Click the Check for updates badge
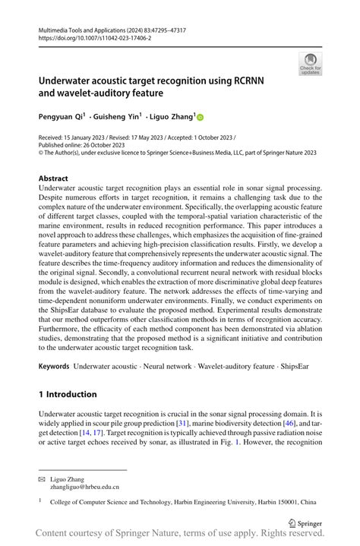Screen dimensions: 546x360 click(310, 64)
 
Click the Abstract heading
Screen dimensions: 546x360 click(58, 178)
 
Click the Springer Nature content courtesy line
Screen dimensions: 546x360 click(180, 535)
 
